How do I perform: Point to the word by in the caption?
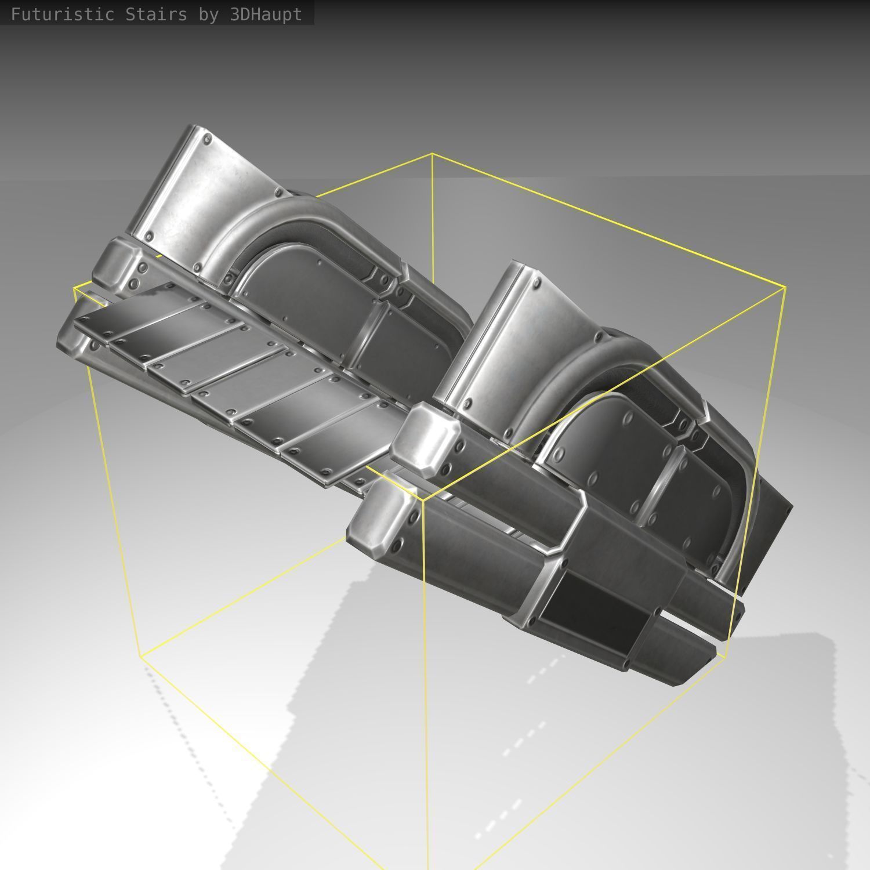(x=208, y=14)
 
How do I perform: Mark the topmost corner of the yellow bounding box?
(x=432, y=154)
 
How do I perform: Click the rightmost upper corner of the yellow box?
(x=786, y=287)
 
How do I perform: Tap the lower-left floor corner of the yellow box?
(x=140, y=656)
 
